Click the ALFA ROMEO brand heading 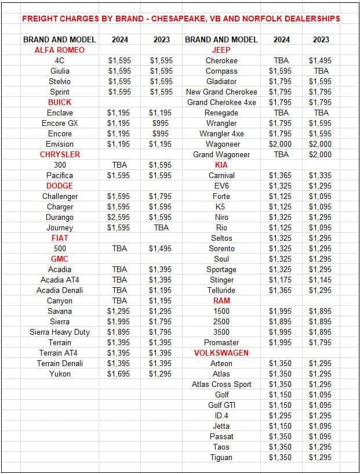click(60, 50)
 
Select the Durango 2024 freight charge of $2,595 click(119, 217)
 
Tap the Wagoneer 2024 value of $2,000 click(281, 144)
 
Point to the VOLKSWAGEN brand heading click(221, 353)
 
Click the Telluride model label click(221, 290)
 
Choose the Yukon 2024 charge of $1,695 click(119, 374)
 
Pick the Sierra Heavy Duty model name click(60, 332)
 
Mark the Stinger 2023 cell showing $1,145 click(320, 280)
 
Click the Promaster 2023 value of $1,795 click(320, 342)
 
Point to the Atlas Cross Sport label click(221, 384)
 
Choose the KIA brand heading click(221, 165)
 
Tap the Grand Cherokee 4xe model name click(221, 102)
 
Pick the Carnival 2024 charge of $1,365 click(281, 175)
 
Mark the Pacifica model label click(60, 175)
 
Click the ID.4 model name click(221, 415)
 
